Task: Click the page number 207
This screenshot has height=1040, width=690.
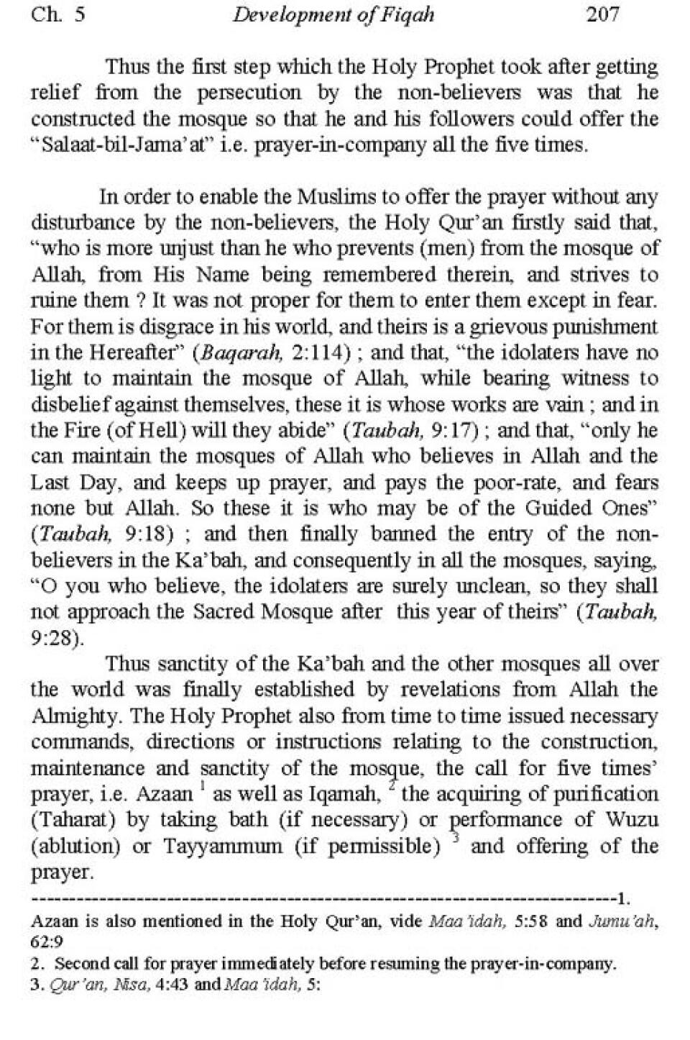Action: [x=602, y=14]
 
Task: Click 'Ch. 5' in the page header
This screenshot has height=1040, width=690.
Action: [x=57, y=14]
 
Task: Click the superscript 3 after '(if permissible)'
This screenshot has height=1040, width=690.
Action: [x=454, y=839]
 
